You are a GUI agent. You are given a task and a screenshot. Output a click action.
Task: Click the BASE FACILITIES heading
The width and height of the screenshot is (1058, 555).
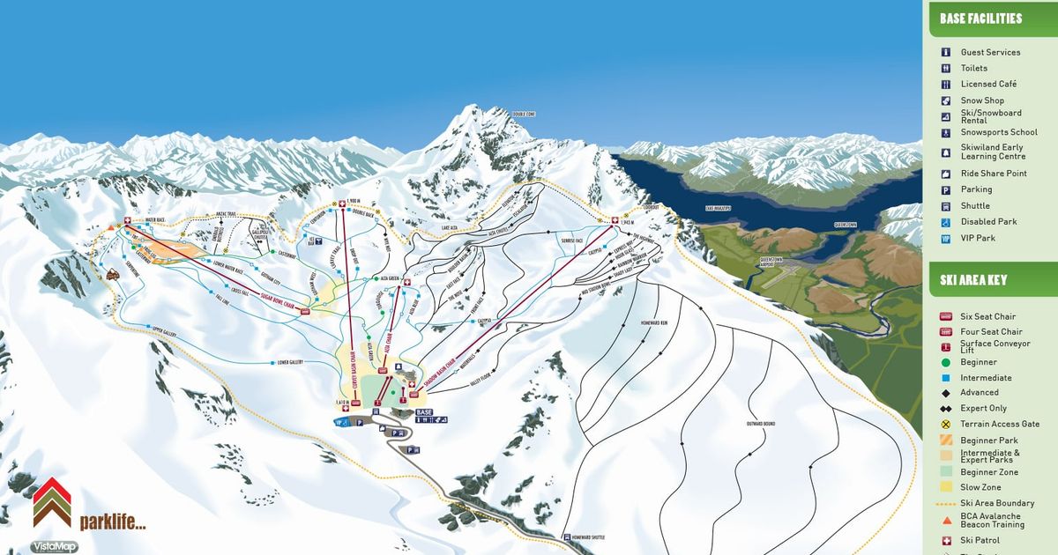tap(980, 18)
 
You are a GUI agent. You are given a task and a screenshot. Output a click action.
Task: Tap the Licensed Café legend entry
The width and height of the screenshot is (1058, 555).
tap(988, 85)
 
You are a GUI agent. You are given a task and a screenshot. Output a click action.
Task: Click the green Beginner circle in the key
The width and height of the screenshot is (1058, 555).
tap(945, 362)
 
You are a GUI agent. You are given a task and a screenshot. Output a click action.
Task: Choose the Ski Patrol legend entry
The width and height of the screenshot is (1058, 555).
tap(980, 540)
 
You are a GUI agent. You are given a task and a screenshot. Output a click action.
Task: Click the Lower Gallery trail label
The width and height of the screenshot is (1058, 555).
tap(290, 362)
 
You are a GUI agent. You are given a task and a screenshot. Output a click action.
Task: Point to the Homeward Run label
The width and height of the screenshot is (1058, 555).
tap(643, 323)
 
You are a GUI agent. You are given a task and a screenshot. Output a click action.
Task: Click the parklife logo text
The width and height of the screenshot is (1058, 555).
tap(112, 522)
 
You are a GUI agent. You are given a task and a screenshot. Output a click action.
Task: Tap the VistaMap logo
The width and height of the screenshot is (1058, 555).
tap(53, 546)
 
